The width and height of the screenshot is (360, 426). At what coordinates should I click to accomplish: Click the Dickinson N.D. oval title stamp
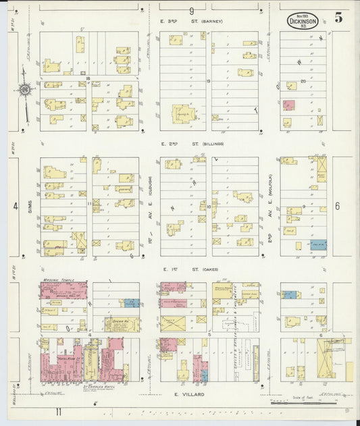click(x=303, y=21)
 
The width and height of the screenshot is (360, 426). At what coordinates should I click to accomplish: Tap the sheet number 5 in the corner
click(x=338, y=18)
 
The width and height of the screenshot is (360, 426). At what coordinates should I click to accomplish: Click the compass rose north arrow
click(x=24, y=88)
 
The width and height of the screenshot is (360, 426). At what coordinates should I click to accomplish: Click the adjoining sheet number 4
click(x=15, y=207)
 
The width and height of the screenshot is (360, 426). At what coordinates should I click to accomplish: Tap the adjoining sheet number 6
click(x=336, y=206)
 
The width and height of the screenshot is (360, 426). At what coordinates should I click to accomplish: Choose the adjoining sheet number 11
click(x=60, y=410)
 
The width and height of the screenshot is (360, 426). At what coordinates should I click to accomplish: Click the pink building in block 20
click(x=288, y=106)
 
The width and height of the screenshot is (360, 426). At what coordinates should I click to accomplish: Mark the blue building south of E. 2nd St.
click(x=318, y=246)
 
